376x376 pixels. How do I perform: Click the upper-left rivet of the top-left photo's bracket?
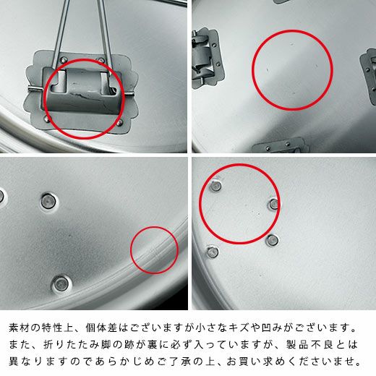click(x=63, y=59)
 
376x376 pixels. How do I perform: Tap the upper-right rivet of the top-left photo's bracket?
click(x=100, y=60)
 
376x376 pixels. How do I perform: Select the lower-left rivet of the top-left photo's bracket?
click(x=47, y=119)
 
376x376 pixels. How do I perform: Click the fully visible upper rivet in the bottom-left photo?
click(x=48, y=201)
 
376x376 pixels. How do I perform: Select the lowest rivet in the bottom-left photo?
click(x=61, y=283)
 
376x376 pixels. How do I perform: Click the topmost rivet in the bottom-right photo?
click(x=215, y=186)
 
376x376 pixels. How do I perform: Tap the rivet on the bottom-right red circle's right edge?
click(x=274, y=205)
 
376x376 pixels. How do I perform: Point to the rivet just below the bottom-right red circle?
click(x=272, y=240)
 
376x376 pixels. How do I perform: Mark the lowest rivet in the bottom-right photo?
click(x=213, y=252)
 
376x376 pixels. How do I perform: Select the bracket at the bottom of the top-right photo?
click(x=281, y=145)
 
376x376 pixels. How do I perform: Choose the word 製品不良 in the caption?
click(x=309, y=344)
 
